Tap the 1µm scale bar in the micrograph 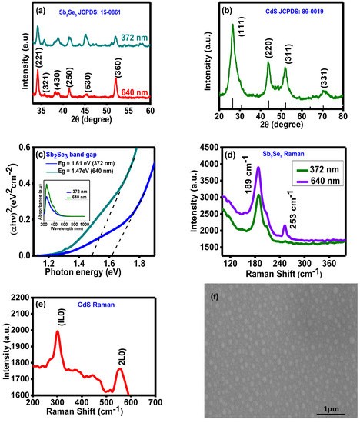click(x=328, y=398)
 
